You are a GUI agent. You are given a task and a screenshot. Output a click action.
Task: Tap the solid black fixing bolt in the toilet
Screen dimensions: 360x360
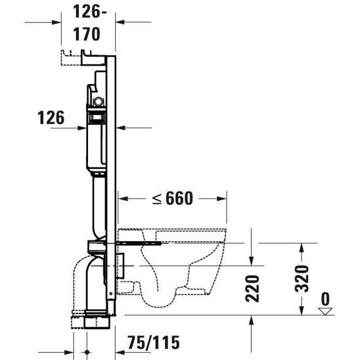point(141,242)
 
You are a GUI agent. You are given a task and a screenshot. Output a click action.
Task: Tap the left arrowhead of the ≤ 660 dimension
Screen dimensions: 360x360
point(122,197)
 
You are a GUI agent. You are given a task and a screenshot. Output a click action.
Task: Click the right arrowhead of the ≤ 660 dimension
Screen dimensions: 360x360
point(223,197)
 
